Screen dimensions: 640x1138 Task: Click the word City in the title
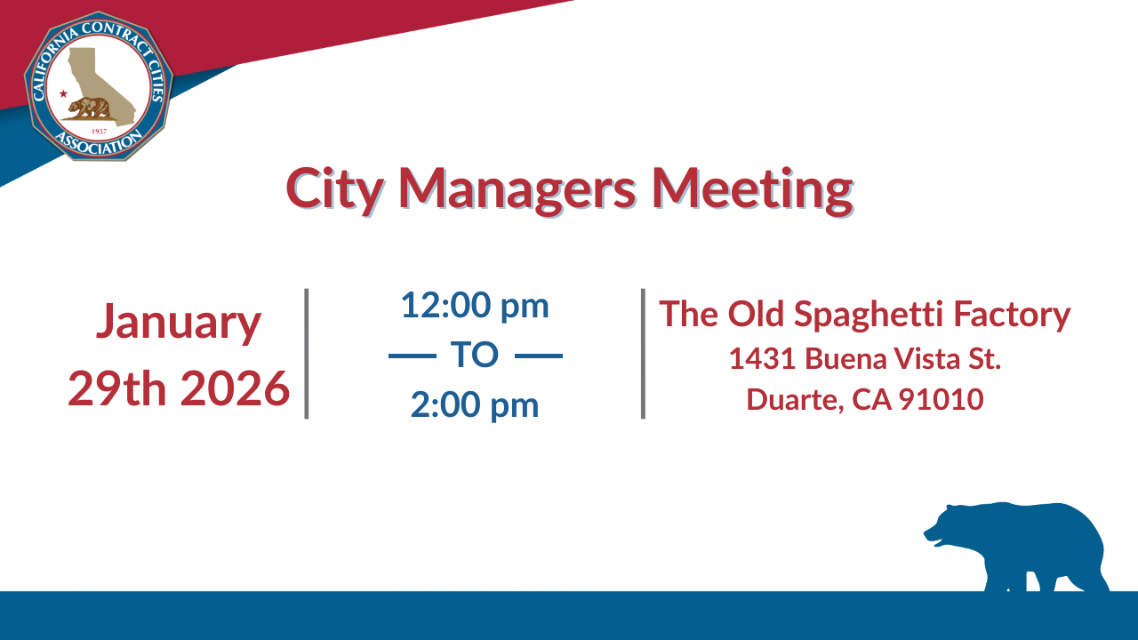(x=334, y=188)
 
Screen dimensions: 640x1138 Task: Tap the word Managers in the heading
(x=517, y=188)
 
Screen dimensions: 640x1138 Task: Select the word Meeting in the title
(x=751, y=188)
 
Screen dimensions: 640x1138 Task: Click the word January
(x=178, y=322)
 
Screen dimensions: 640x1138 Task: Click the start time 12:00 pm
(x=475, y=306)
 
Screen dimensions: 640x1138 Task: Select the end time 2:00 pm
(x=475, y=404)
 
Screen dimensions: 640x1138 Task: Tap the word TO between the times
(x=475, y=356)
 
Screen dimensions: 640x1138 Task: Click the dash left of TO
(x=413, y=356)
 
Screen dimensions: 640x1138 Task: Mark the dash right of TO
(x=539, y=356)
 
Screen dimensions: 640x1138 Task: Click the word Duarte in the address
(x=793, y=399)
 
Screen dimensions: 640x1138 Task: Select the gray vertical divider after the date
(x=307, y=353)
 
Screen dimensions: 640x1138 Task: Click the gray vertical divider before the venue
(x=643, y=353)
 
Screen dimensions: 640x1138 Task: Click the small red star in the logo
(x=63, y=93)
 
